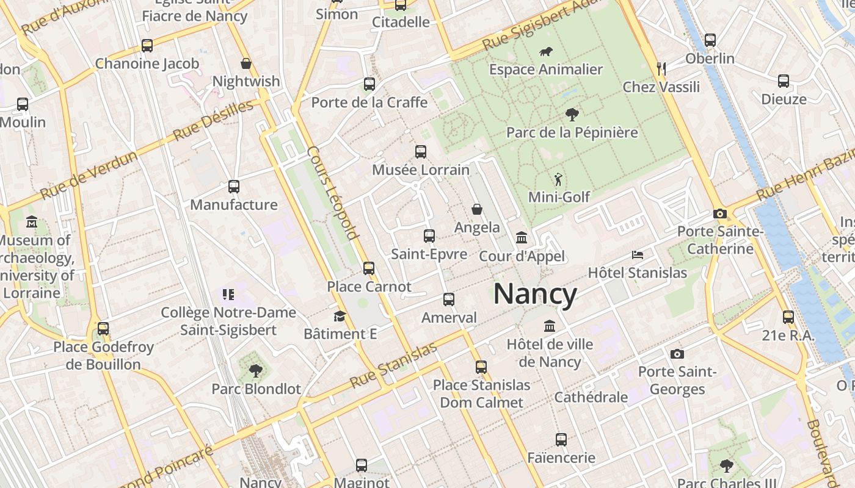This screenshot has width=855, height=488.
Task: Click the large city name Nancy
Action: click(x=535, y=295)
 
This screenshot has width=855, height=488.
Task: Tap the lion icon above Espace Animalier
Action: click(x=545, y=52)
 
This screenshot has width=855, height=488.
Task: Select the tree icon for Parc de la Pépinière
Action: click(x=572, y=114)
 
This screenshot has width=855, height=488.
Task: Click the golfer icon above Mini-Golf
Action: click(x=558, y=179)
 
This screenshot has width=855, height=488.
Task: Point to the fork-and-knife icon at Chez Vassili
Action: click(x=660, y=68)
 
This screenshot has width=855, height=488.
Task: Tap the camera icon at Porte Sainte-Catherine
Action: click(x=720, y=213)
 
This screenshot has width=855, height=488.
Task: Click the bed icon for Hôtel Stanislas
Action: click(x=638, y=254)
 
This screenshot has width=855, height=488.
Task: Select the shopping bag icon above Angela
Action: click(x=477, y=209)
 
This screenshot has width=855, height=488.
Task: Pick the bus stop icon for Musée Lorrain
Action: click(x=421, y=152)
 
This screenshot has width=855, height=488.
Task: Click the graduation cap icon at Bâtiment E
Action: click(x=340, y=316)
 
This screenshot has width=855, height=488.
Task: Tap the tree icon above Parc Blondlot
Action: click(x=256, y=370)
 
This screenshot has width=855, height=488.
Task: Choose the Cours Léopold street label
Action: click(x=332, y=192)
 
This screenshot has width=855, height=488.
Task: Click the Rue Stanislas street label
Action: click(x=393, y=365)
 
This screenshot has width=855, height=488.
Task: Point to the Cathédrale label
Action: click(x=591, y=397)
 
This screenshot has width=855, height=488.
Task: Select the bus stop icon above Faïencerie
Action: click(x=561, y=439)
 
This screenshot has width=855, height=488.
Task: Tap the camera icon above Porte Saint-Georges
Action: click(x=677, y=354)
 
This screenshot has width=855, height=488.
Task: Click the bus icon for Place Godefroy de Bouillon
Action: click(x=103, y=329)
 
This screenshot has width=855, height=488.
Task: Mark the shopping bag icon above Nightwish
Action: click(x=246, y=63)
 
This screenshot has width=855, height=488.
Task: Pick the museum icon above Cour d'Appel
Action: click(x=522, y=237)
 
